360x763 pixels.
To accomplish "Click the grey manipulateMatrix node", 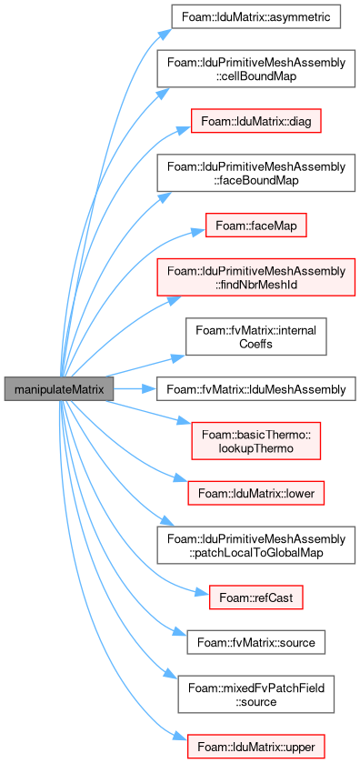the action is [x=59, y=388].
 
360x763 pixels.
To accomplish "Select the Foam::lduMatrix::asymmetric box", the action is [x=255, y=17].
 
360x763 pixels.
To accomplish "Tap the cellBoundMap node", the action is [x=255, y=68].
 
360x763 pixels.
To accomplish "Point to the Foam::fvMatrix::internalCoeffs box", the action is [x=255, y=336].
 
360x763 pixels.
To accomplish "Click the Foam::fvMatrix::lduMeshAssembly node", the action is [x=255, y=389].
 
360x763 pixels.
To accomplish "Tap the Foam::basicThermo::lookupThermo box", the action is [x=255, y=441].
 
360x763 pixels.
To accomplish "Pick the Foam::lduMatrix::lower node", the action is [x=255, y=494].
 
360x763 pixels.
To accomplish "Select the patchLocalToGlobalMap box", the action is [x=255, y=545].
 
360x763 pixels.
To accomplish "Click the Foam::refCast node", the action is [x=255, y=597].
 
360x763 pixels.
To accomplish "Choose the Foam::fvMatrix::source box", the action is [x=255, y=642].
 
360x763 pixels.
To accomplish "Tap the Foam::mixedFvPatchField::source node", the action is [x=255, y=694].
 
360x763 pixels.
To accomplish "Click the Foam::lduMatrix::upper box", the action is [x=255, y=747].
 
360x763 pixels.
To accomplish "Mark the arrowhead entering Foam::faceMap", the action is [x=197, y=232].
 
